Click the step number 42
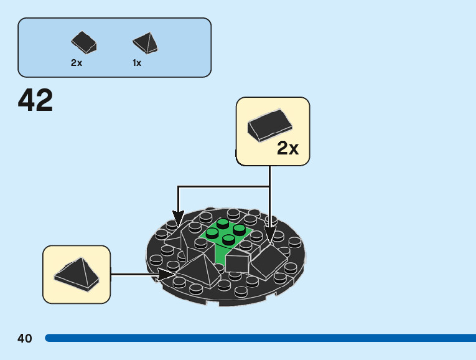35,100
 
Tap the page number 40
25,338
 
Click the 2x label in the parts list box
77,63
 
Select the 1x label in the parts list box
137,63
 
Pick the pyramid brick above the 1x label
146,43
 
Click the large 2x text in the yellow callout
288,148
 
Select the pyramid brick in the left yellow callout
76,273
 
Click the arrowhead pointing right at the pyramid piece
169,273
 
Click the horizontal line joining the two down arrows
224,186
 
